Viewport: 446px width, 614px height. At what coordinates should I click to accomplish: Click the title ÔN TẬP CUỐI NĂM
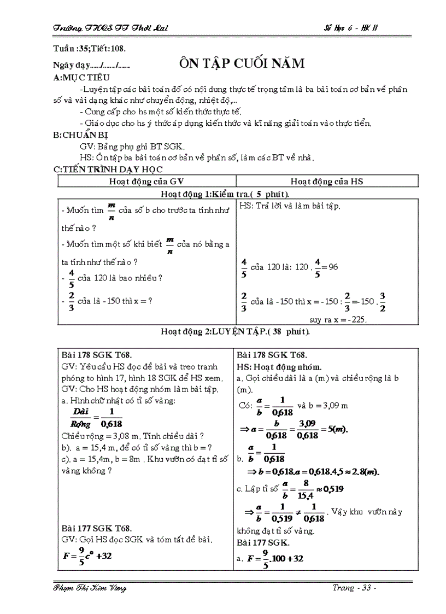click(x=242, y=64)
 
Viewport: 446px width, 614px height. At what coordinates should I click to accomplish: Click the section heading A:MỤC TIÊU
click(x=82, y=78)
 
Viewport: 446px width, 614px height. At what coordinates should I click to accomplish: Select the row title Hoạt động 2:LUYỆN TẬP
click(x=235, y=331)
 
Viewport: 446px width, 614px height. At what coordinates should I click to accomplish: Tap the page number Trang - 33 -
click(x=355, y=588)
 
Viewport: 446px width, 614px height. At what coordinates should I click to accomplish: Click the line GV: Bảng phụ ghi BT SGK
click(x=132, y=147)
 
